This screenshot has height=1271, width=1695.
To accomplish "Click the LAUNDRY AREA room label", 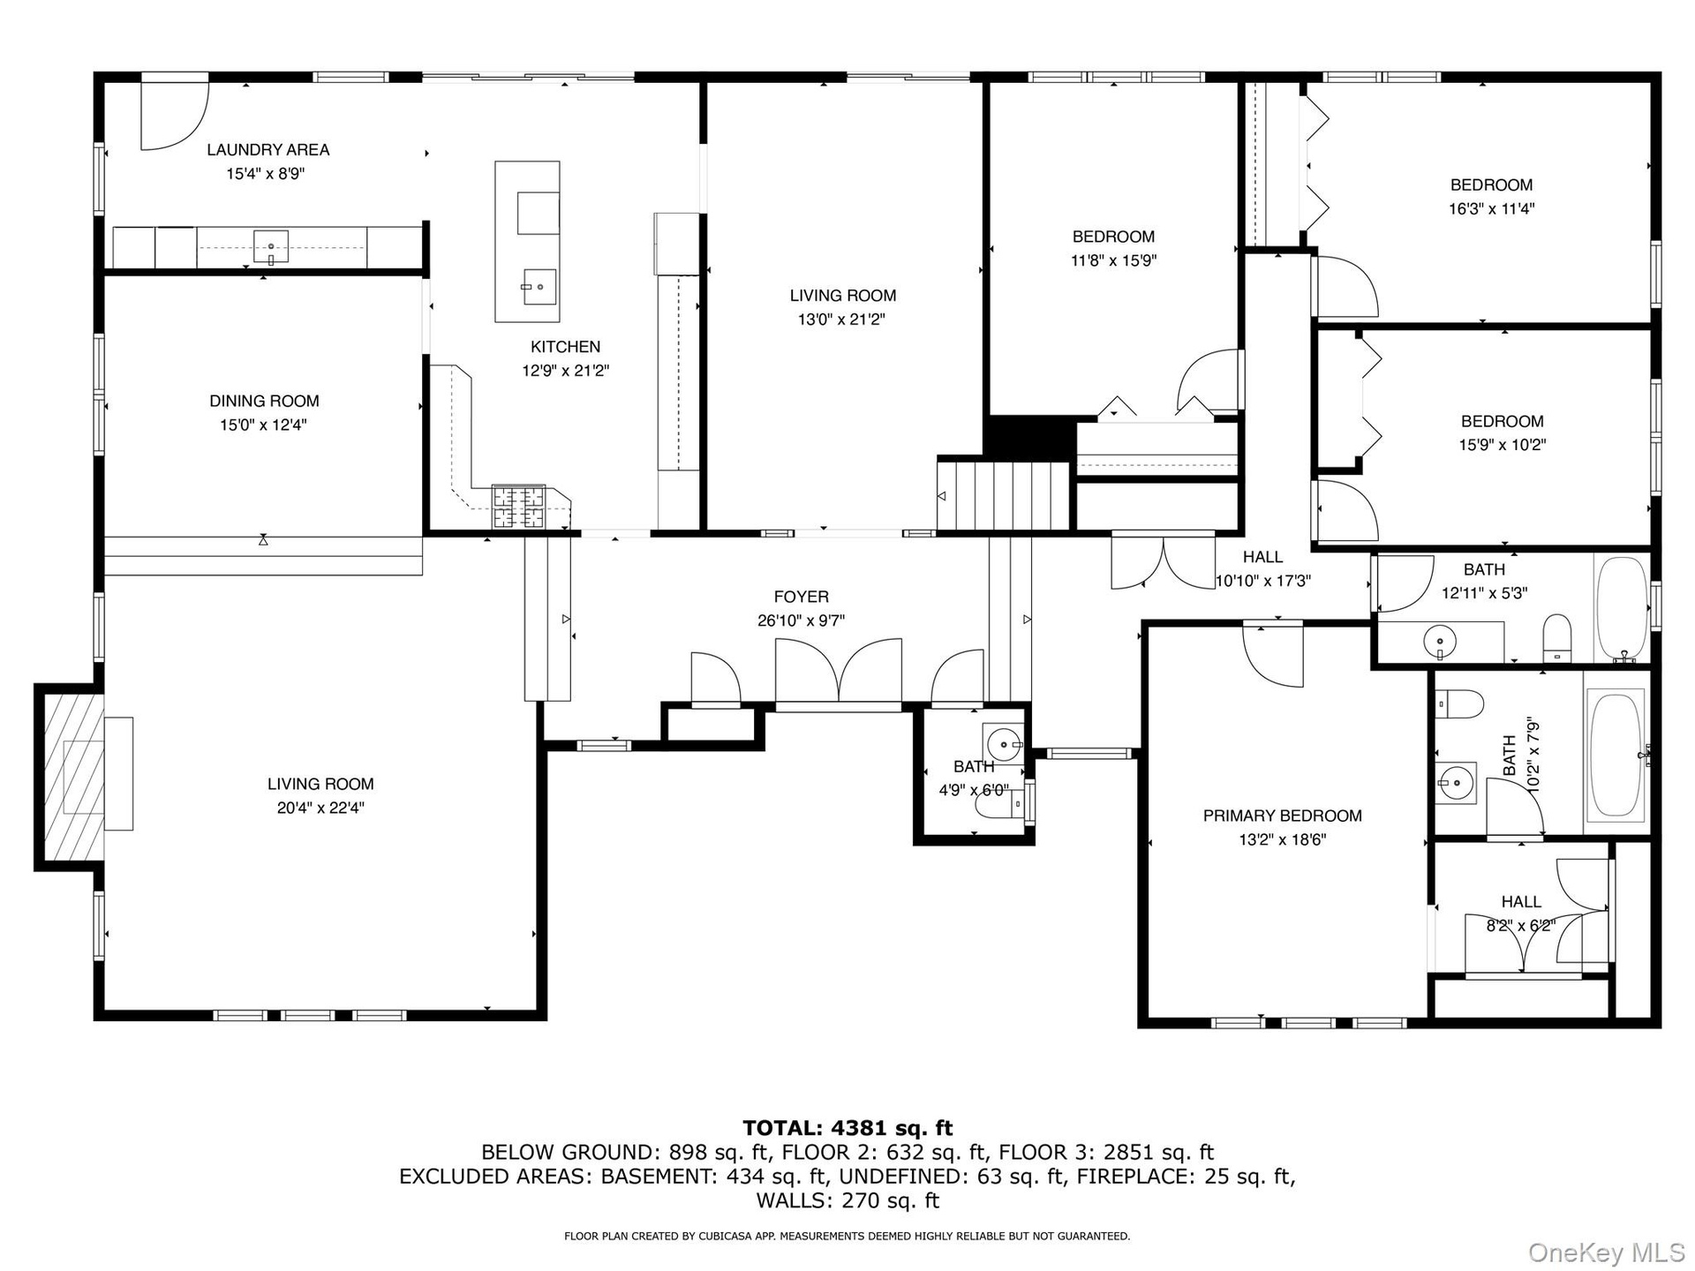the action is pyautogui.click(x=268, y=150).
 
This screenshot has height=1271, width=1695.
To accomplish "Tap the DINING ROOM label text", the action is pyautogui.click(x=264, y=401).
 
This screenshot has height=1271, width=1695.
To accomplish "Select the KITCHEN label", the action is pyautogui.click(x=565, y=347).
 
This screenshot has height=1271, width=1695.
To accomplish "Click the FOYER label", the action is pyautogui.click(x=802, y=597).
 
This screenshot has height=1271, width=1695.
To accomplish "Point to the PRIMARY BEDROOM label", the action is pyautogui.click(x=1282, y=816).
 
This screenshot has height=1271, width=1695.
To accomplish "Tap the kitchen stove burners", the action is pyautogui.click(x=519, y=508).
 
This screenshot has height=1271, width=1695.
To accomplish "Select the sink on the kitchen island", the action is pyautogui.click(x=539, y=286).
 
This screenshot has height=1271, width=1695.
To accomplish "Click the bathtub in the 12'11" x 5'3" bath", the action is pyautogui.click(x=1622, y=608).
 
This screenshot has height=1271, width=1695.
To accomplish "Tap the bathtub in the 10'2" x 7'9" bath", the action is pyautogui.click(x=1616, y=754).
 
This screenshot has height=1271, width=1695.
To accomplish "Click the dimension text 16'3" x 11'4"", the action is pyautogui.click(x=1491, y=209).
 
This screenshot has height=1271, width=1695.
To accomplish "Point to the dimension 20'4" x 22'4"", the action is pyautogui.click(x=320, y=808).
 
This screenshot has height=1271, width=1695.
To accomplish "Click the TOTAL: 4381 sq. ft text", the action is pyautogui.click(x=848, y=1127).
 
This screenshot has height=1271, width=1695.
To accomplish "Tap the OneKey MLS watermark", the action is pyautogui.click(x=1607, y=1252).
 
